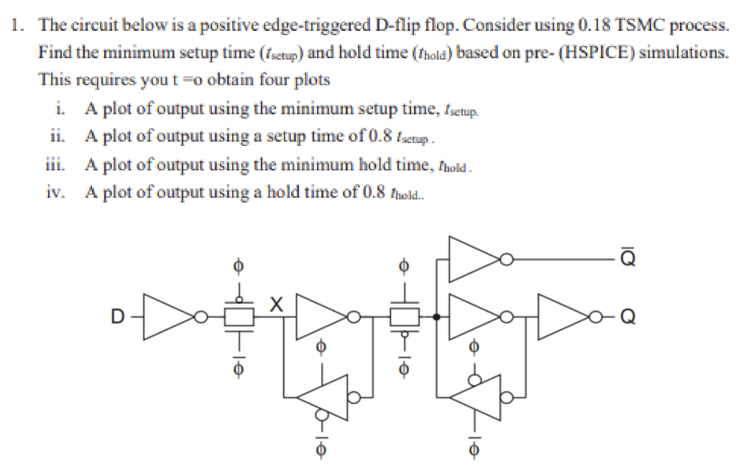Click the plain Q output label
628,316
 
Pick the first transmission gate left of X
239,316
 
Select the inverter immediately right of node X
322,316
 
